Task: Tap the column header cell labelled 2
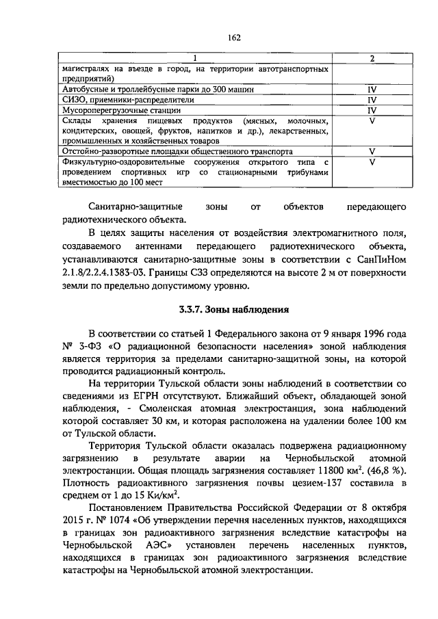click(372, 59)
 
